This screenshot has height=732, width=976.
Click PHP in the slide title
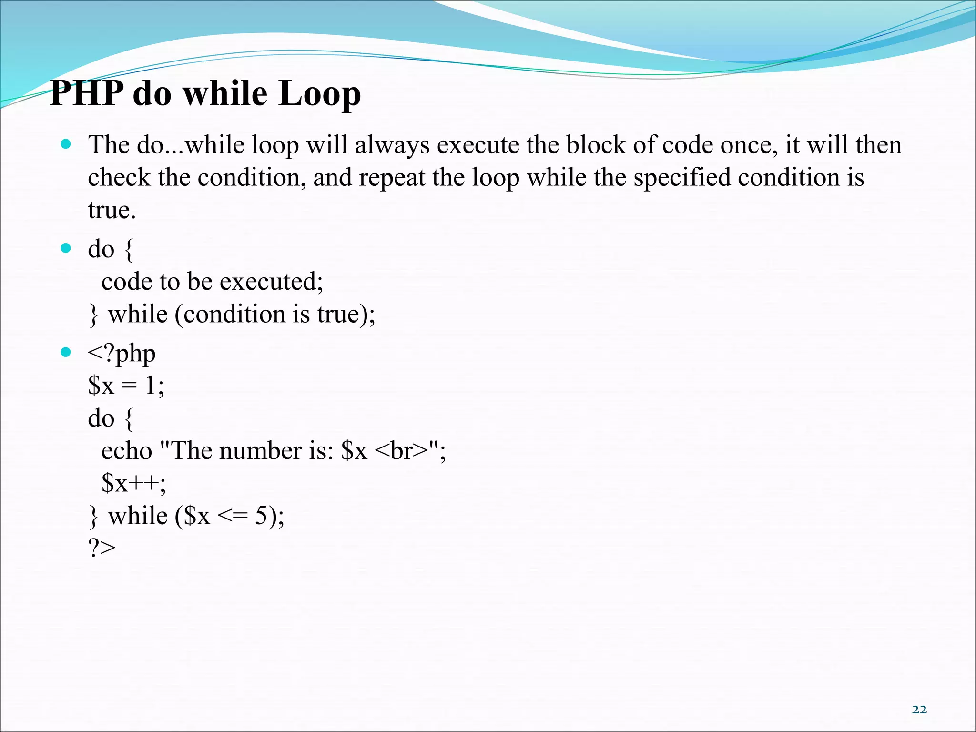(87, 93)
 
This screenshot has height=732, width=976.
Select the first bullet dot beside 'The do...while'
(66, 144)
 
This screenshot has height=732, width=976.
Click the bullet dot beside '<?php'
(66, 353)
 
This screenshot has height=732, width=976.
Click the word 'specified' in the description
(681, 178)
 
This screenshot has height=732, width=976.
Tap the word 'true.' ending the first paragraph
(112, 210)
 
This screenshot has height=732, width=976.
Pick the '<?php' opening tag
(122, 354)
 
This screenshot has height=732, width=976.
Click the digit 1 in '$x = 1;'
(150, 386)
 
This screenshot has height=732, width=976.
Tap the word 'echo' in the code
(126, 451)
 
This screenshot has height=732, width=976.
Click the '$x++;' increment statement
(133, 483)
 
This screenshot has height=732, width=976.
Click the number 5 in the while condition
(261, 516)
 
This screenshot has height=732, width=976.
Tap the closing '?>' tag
(102, 549)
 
